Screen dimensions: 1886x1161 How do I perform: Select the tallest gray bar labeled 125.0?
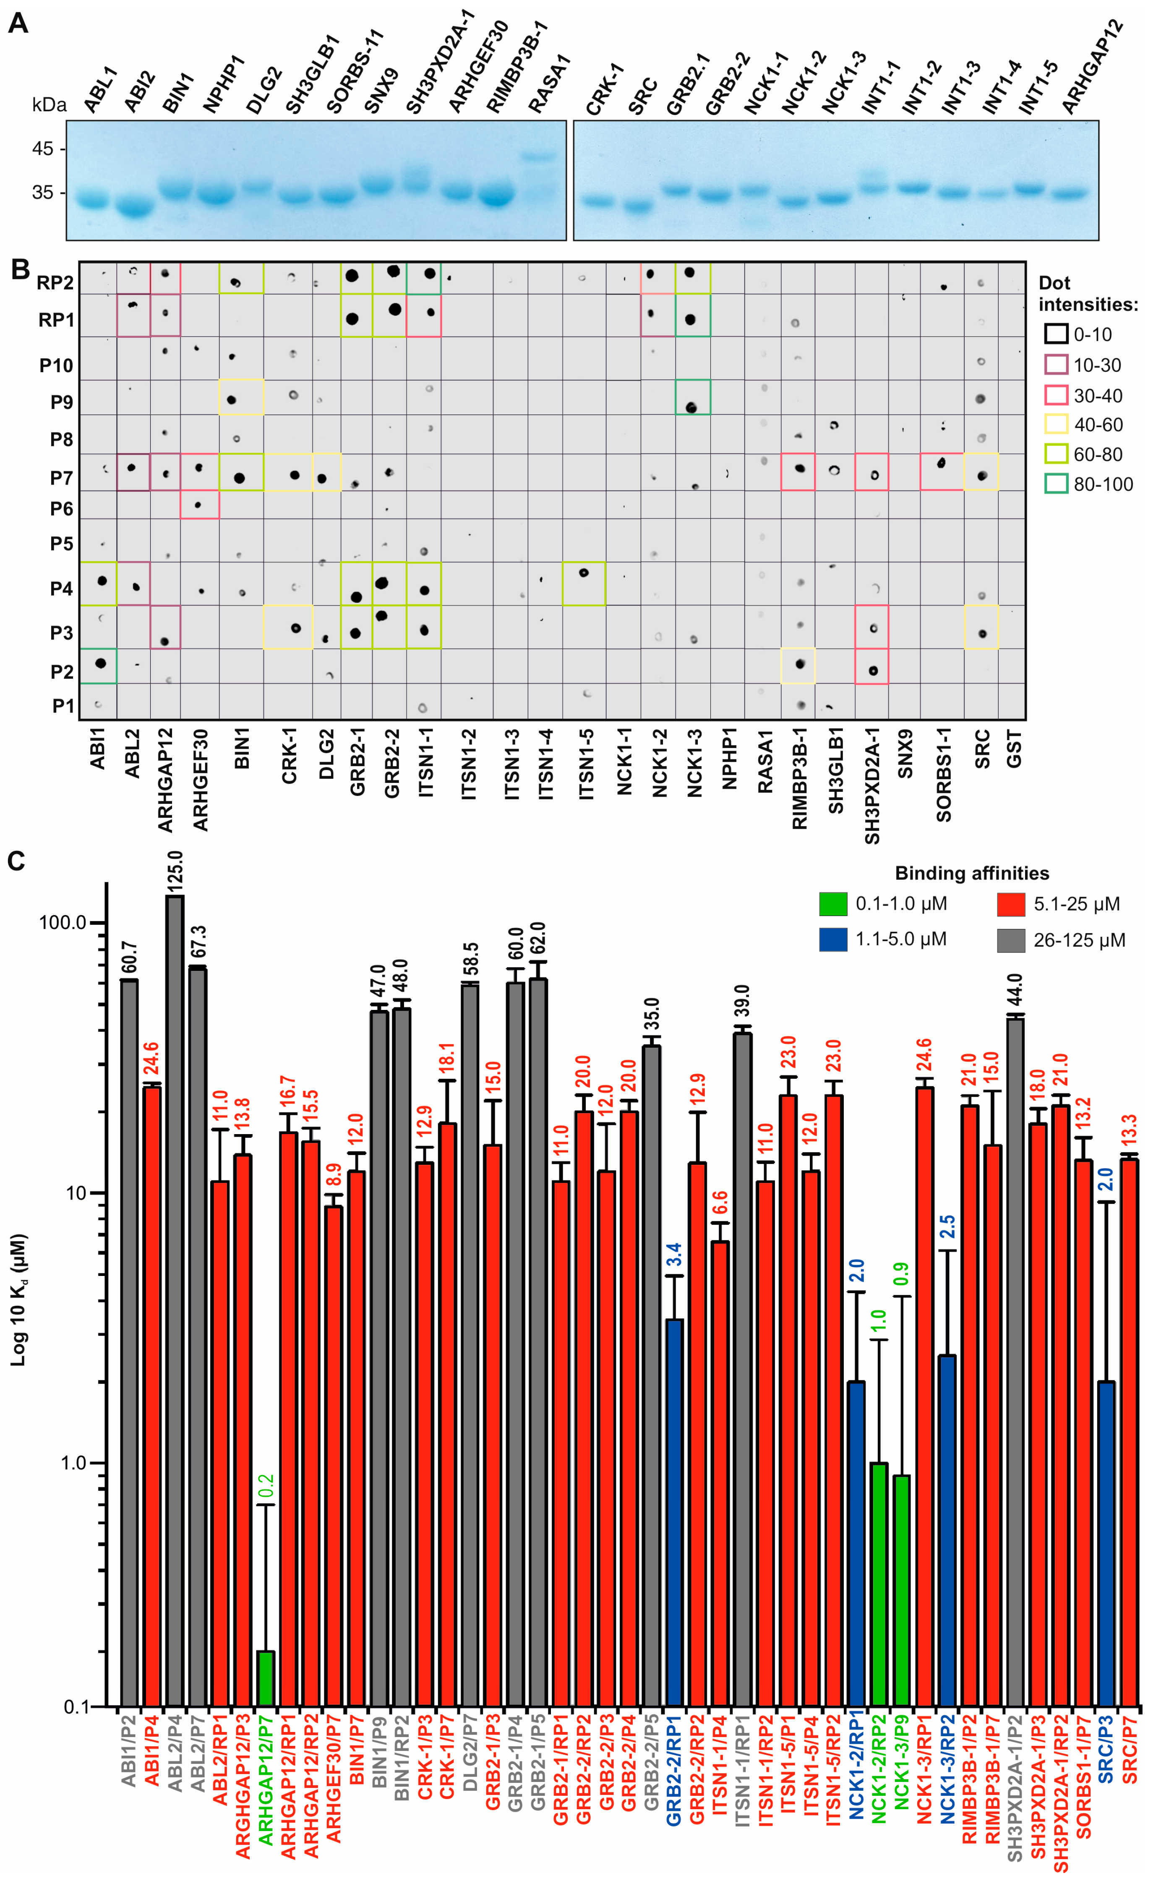click(175, 1297)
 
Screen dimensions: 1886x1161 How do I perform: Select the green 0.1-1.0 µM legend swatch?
click(833, 903)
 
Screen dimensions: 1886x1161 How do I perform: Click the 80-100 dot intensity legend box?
click(1056, 484)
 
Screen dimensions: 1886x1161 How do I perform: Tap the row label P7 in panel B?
click(61, 478)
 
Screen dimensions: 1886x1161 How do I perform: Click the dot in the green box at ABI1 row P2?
click(100, 663)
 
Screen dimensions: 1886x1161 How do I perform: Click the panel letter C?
click(17, 861)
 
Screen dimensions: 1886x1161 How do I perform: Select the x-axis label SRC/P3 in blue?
click(1106, 1796)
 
